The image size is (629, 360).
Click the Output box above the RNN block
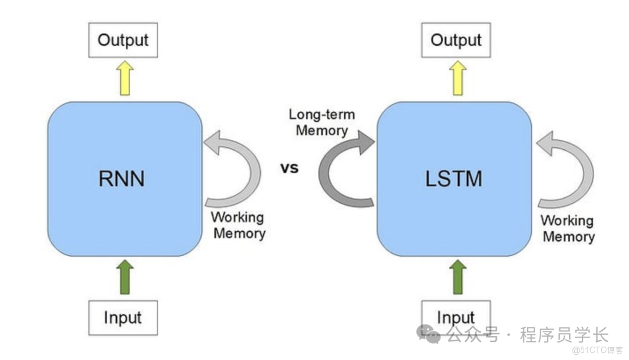pyautogui.click(x=123, y=40)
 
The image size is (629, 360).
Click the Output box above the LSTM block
pyautogui.click(x=455, y=40)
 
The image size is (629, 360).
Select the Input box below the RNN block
pyautogui.click(x=122, y=317)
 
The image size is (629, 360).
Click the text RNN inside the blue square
pyautogui.click(x=121, y=179)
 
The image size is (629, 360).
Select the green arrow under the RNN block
pyautogui.click(x=124, y=277)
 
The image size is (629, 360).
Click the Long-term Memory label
pyautogui.click(x=321, y=122)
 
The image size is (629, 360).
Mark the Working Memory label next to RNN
pyautogui.click(x=238, y=225)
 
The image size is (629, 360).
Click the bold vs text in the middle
pyautogui.click(x=289, y=168)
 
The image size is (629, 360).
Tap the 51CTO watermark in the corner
pyautogui.click(x=596, y=350)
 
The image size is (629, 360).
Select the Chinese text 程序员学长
pyautogui.click(x=564, y=335)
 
